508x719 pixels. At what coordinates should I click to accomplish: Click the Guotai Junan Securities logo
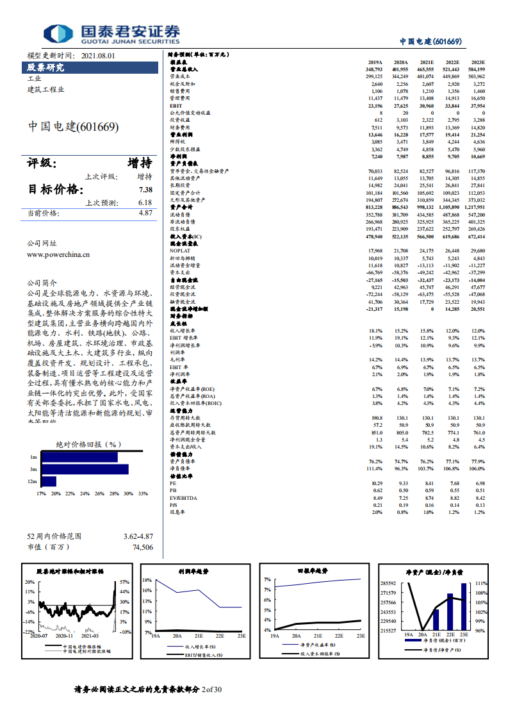coord(111,33)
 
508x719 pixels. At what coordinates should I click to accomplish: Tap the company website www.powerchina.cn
coord(58,254)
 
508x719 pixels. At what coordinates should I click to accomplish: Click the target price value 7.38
coord(145,190)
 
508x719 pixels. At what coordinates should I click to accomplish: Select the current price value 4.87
coord(145,213)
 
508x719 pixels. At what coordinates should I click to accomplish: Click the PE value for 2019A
coord(377,483)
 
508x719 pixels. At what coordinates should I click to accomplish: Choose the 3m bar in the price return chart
coord(84,469)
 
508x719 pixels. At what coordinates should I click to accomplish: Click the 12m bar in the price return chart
coord(48,481)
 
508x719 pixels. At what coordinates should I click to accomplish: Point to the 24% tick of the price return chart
coord(85,493)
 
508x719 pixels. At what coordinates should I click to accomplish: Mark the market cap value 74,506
coord(142,547)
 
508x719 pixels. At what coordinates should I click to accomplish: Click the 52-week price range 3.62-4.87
coord(138,536)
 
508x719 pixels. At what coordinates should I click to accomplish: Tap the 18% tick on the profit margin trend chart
coord(147,579)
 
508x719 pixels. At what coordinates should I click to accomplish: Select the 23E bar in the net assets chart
coord(464,606)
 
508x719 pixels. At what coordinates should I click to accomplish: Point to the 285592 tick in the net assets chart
coord(388,584)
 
